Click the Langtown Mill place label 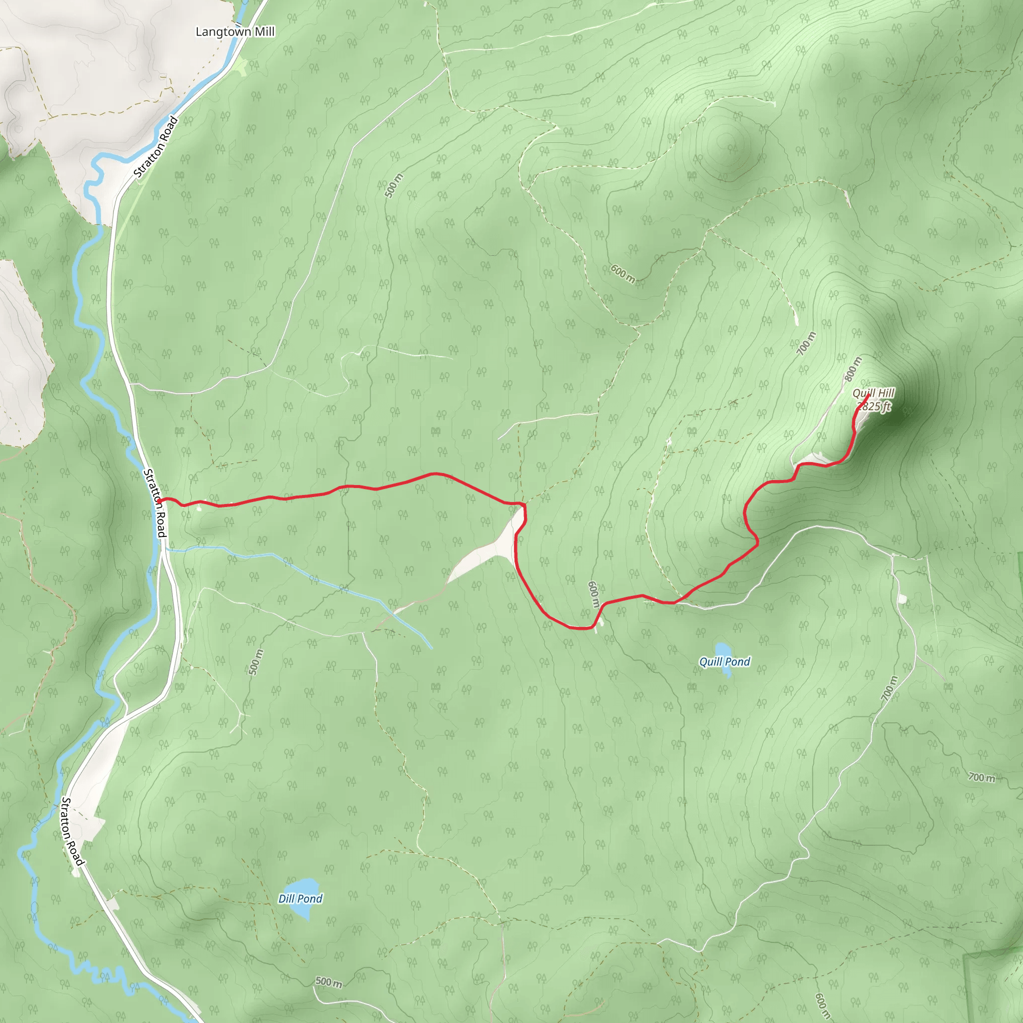[235, 32]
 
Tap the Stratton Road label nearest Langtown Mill [156, 147]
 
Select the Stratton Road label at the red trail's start [156, 503]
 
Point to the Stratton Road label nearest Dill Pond [72, 832]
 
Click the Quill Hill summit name [873, 393]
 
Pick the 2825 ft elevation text [874, 406]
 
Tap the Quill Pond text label [724, 662]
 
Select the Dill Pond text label [300, 899]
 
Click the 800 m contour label [853, 369]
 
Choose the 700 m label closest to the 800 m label [806, 344]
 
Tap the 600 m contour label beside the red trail [593, 594]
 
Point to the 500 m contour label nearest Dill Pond [328, 982]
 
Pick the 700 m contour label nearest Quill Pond [890, 688]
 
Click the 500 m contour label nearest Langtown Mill [394, 186]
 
